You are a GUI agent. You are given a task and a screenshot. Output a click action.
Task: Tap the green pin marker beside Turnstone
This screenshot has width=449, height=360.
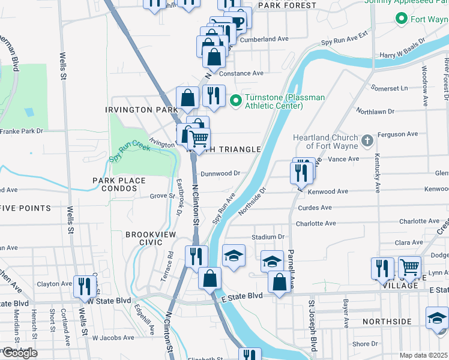tap(235, 100)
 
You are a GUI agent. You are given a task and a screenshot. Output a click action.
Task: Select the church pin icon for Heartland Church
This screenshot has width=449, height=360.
tap(367, 142)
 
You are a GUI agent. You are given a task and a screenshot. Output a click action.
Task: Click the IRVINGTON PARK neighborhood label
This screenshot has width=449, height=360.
tap(142, 110)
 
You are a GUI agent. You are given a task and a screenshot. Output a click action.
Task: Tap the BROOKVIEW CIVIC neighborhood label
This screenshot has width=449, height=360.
tap(144, 238)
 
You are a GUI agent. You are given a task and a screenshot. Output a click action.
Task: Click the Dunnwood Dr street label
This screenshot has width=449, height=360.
tap(220, 173)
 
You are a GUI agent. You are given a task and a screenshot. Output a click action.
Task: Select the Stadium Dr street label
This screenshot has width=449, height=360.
tap(268, 237)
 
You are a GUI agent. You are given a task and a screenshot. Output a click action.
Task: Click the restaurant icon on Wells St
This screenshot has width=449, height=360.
tap(84, 286)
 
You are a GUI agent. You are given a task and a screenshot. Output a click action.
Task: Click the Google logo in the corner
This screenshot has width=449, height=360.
tap(19, 353)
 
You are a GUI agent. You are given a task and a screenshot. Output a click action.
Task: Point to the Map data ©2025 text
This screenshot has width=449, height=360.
tap(423, 355)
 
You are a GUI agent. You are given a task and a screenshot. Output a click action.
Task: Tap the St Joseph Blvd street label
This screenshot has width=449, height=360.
tap(312, 326)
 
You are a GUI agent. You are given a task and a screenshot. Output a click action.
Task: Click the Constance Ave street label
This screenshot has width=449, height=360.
tap(241, 73)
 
